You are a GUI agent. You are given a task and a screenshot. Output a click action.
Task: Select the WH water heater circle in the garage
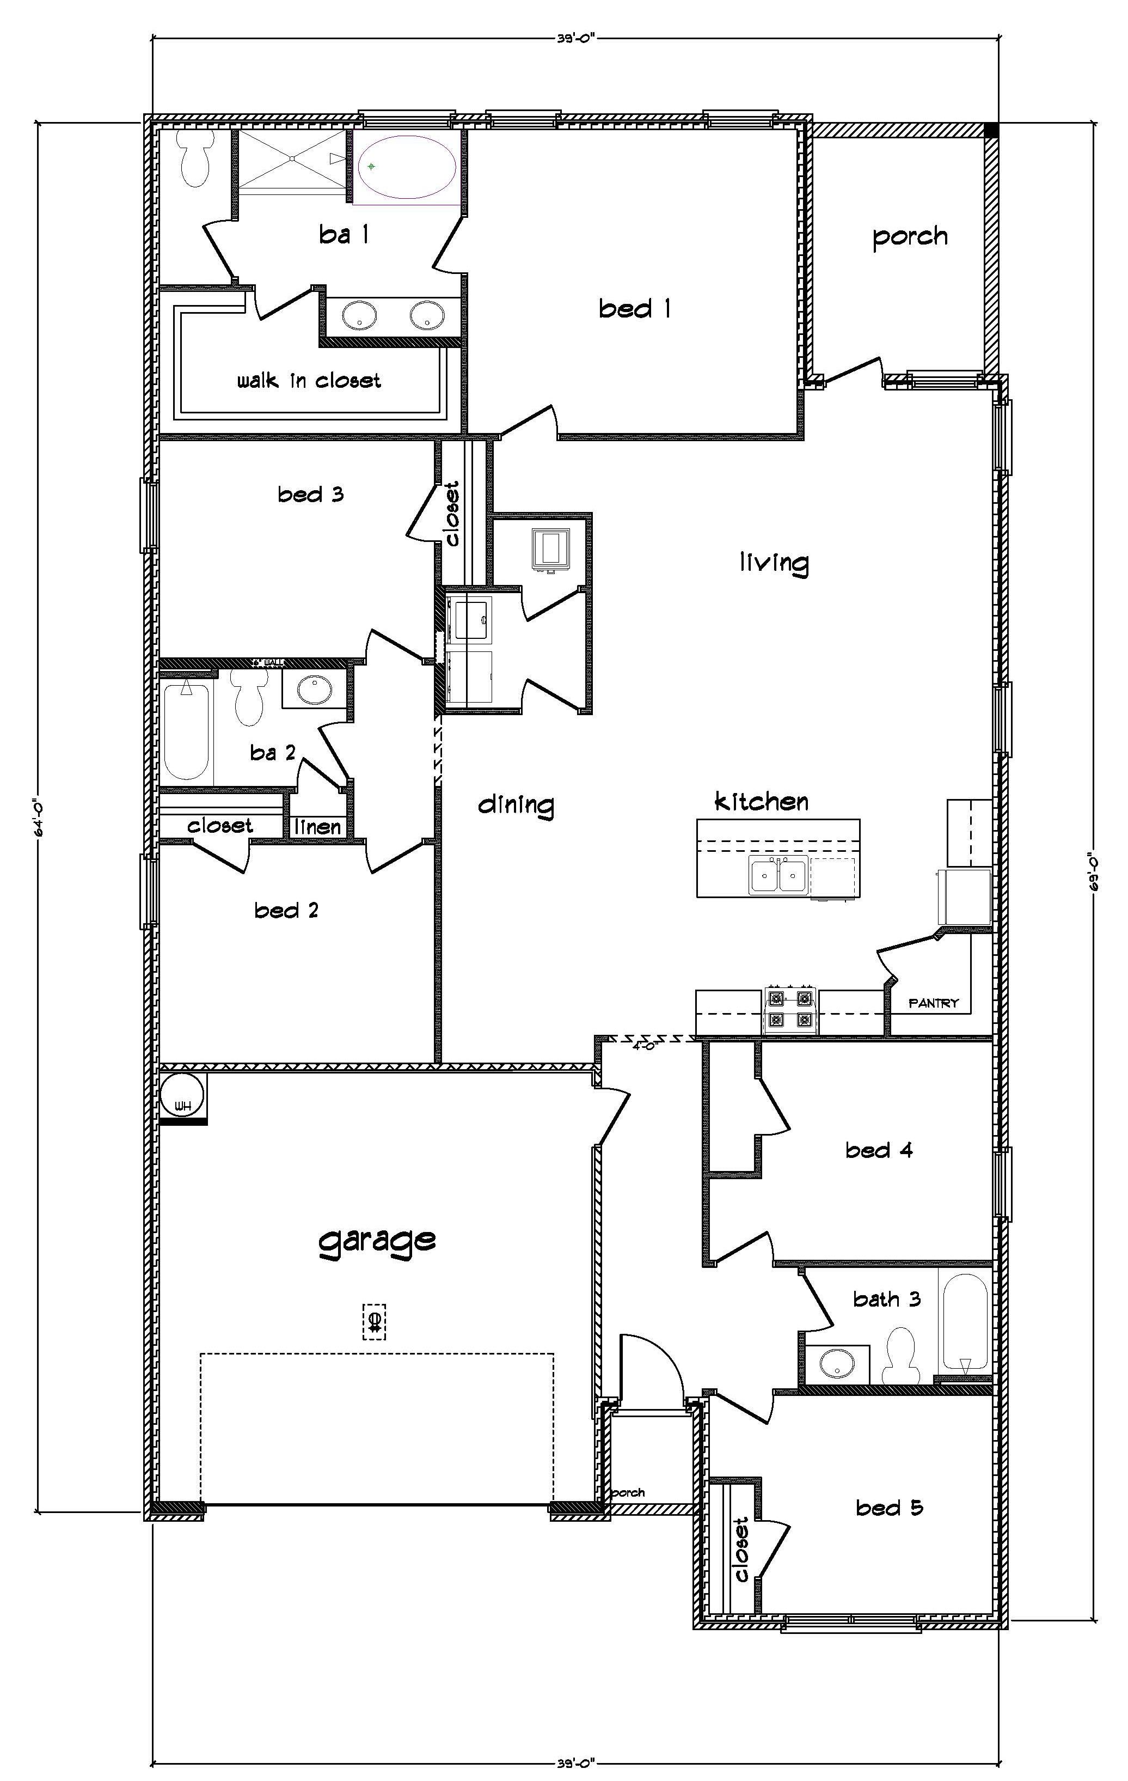(182, 1097)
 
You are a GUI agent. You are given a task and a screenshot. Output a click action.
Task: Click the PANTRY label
(933, 1003)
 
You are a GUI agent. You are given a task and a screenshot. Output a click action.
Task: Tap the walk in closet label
(309, 381)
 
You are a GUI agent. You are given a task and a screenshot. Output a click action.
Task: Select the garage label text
(377, 1239)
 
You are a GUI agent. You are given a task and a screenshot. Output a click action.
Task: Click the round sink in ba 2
(315, 690)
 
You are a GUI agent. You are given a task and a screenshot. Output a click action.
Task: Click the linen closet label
(318, 827)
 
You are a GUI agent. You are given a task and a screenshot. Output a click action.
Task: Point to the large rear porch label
(909, 237)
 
